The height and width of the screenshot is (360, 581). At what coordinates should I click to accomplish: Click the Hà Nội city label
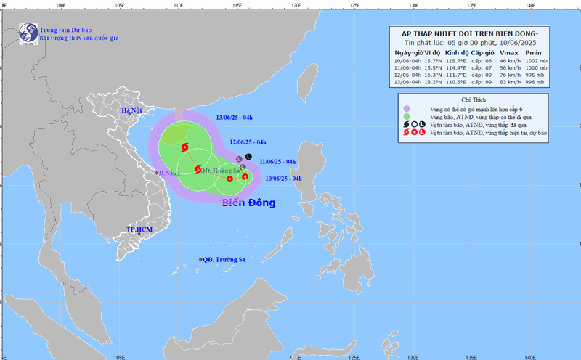132,110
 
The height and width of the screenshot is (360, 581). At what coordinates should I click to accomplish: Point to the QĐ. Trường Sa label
226,259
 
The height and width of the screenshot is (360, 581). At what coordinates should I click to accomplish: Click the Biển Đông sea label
248,202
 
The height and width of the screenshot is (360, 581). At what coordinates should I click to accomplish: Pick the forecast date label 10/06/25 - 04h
275,178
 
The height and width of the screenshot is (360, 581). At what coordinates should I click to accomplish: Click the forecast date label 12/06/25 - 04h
248,142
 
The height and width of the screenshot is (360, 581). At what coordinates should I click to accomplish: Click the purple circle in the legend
407,108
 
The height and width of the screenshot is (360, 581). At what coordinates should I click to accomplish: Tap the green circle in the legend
407,116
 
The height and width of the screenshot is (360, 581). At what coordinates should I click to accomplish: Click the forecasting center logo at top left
28,33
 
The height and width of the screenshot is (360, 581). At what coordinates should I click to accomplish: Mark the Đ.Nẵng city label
168,173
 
